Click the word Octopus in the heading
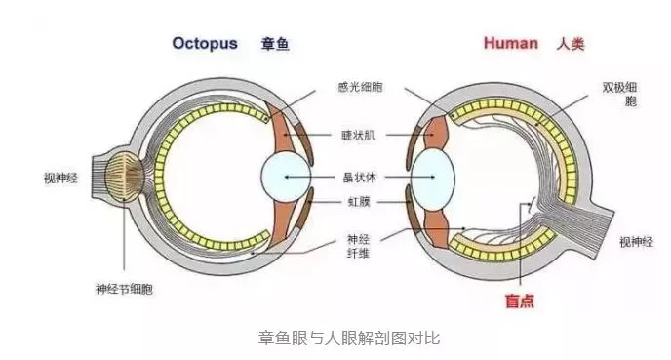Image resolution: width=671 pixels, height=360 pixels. point(206,44)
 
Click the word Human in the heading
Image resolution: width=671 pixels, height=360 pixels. point(510,44)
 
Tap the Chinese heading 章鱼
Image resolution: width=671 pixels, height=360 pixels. point(276,44)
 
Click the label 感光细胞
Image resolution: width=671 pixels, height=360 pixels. point(360,88)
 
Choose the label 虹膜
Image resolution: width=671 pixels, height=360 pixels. point(360,202)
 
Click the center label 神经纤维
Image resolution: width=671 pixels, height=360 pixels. point(360,246)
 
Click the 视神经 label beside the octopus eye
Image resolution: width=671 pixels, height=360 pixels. point(60,179)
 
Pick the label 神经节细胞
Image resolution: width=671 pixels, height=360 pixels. point(123,289)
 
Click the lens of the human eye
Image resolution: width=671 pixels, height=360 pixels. point(432,179)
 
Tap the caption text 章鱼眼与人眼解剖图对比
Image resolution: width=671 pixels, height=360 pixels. point(335,338)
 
